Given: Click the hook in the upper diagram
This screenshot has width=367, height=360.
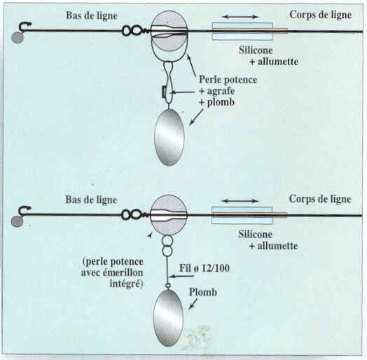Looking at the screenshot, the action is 25,25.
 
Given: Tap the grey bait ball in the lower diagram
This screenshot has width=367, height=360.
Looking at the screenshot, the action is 18,221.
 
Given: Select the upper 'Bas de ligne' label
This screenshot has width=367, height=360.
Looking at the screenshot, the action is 92,15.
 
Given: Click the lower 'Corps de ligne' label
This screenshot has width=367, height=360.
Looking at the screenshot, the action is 320,199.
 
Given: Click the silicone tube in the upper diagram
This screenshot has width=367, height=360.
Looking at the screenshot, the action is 242,32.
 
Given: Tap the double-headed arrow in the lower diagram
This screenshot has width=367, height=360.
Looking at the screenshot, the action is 240,201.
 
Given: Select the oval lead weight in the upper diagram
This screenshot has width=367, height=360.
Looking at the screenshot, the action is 169,137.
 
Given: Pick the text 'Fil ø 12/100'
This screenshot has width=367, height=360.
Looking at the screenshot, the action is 205,268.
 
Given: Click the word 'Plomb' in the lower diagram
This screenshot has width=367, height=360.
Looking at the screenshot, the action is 203,292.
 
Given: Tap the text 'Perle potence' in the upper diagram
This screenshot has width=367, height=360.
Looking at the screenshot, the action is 228,80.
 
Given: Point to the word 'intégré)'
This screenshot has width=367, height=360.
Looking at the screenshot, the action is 126,284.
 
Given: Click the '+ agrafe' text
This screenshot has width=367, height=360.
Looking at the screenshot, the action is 216,91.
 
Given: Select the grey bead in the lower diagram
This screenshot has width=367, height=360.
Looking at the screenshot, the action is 169,215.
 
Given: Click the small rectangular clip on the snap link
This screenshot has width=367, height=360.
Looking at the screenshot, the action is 165,92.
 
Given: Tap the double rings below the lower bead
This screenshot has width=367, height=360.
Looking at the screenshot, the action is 167,245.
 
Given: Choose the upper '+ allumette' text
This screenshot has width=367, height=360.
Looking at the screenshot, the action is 274,62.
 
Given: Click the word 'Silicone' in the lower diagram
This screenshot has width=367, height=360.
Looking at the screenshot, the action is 255,235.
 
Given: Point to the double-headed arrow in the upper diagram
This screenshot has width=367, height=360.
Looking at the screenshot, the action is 240,17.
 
